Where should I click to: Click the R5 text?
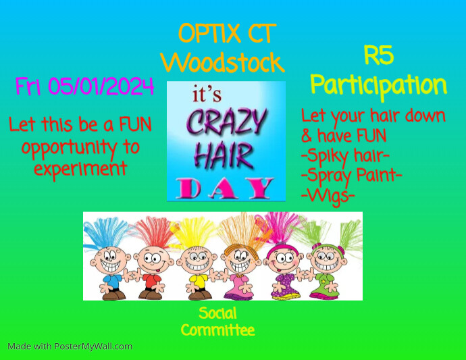(x=378, y=55)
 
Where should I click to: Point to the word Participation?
(x=378, y=86)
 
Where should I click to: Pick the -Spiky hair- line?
(x=345, y=157)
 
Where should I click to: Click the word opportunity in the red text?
(x=80, y=147)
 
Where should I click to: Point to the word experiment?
(x=80, y=168)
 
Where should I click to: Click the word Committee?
(x=217, y=330)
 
